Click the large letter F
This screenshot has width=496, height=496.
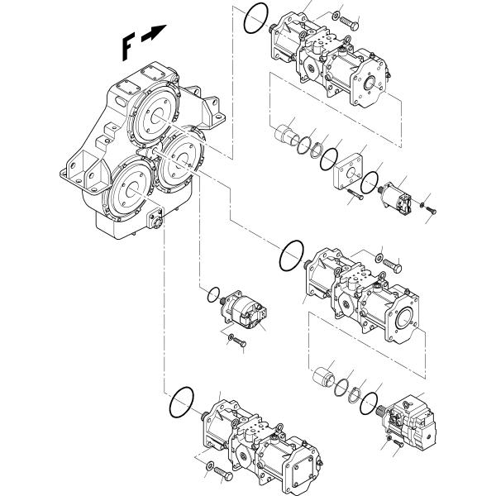pyautogui.click(x=127, y=47)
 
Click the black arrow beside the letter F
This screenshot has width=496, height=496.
pyautogui.click(x=154, y=33)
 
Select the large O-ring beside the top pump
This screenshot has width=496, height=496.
pyautogui.click(x=256, y=18)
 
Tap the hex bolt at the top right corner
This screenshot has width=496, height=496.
pyautogui.click(x=349, y=23)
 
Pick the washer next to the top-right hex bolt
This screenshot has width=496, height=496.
pyautogui.click(x=336, y=15)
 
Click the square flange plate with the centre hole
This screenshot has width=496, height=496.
pyautogui.click(x=348, y=171)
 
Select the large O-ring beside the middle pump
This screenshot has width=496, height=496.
pyautogui.click(x=292, y=255)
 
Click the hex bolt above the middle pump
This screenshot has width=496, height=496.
pyautogui.click(x=392, y=265)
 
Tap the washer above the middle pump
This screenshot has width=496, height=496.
pyautogui.click(x=379, y=258)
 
